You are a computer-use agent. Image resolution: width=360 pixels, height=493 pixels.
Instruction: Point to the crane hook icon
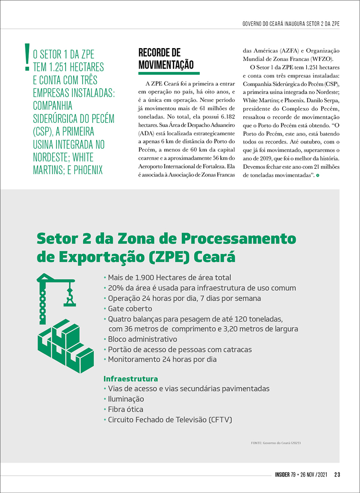(69, 299)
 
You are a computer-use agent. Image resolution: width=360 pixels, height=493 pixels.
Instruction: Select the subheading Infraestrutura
(131, 378)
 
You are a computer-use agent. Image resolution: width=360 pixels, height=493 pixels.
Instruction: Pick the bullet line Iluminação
(126, 399)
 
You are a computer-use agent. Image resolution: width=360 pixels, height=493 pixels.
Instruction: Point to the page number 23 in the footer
(337, 475)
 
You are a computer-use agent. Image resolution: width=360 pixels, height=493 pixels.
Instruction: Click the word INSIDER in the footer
(285, 475)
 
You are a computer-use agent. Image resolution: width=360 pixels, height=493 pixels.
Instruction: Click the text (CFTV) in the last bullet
(220, 420)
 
